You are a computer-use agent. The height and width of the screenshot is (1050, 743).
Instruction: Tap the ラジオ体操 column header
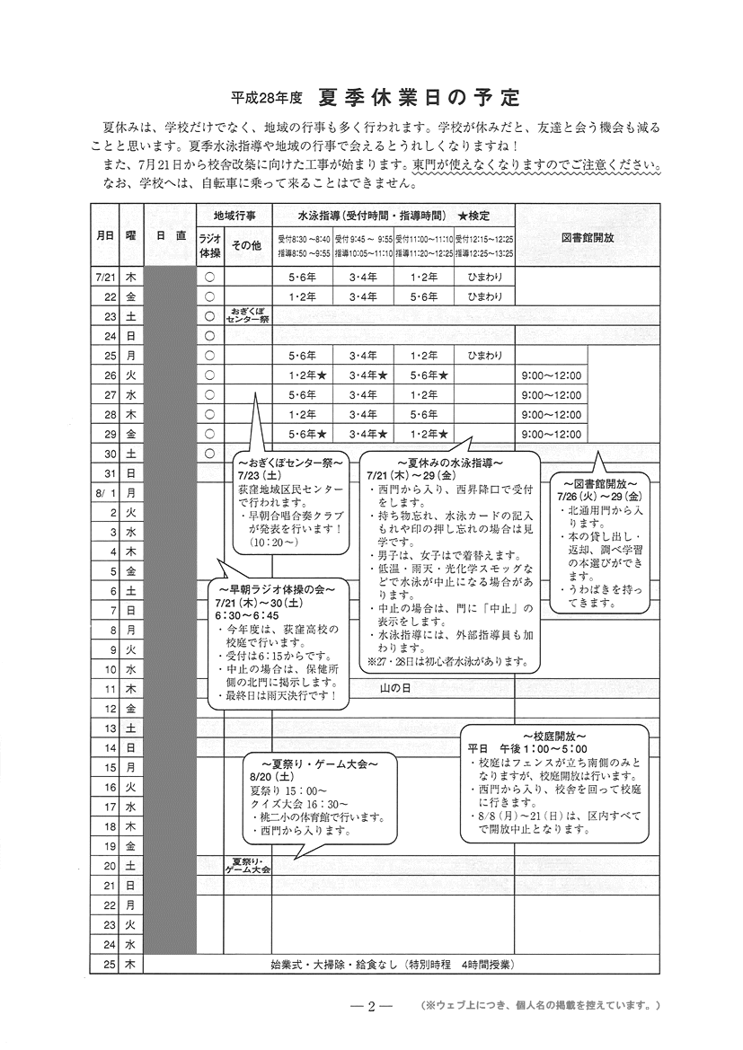[209, 244]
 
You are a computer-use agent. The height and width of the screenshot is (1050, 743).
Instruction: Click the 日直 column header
[170, 235]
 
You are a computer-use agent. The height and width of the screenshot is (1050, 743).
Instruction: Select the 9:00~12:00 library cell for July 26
[551, 375]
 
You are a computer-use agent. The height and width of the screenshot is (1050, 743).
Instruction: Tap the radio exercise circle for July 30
[209, 454]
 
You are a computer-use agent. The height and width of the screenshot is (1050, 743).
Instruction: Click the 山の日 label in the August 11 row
[395, 688]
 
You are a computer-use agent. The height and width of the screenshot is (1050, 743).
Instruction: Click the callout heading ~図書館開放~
[599, 481]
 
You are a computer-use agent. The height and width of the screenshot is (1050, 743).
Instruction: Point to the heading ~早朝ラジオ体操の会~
[277, 589]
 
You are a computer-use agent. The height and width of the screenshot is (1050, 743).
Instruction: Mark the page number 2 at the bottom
[370, 1005]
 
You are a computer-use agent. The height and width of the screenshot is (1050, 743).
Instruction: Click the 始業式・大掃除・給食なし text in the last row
[333, 965]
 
